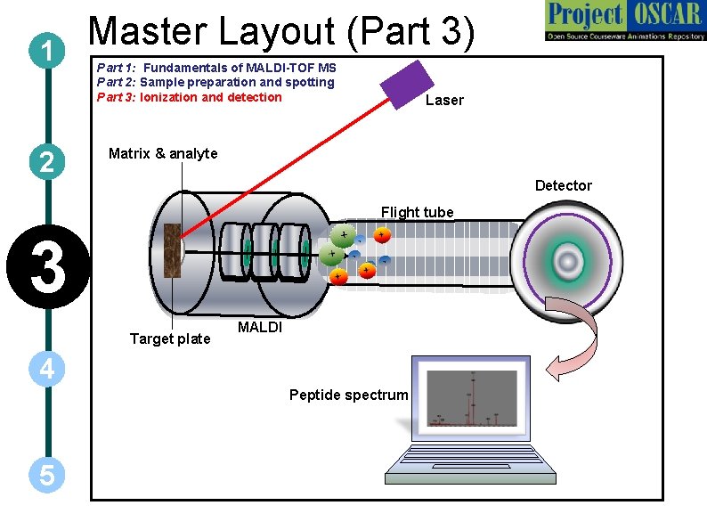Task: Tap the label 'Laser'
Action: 444,101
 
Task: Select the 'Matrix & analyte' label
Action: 163,154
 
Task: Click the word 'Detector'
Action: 563,186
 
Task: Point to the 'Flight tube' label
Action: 417,212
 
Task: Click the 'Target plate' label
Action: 170,338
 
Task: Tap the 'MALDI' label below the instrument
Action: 260,328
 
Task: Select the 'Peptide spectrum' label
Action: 348,395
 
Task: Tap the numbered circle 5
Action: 47,476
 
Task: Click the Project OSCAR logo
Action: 622,21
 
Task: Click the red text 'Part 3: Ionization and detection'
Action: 189,97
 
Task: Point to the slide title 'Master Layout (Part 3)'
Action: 282,31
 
